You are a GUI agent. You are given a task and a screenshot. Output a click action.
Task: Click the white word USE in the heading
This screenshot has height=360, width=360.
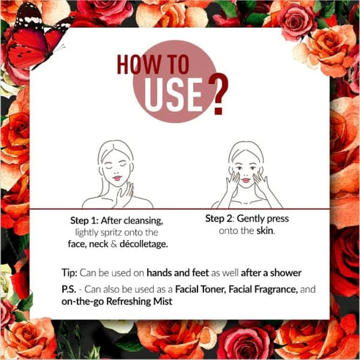[173, 95]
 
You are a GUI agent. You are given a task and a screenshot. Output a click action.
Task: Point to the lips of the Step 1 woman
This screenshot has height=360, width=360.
[117, 178]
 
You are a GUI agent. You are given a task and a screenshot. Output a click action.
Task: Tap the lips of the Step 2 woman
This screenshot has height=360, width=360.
[246, 181]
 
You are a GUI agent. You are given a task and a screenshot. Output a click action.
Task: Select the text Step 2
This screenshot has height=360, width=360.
[220, 219]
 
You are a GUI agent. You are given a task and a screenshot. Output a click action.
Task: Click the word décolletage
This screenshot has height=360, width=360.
[143, 244]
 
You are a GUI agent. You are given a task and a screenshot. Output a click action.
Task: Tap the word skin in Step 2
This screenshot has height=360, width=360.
[266, 230]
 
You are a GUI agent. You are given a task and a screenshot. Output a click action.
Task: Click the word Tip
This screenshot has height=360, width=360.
[70, 273]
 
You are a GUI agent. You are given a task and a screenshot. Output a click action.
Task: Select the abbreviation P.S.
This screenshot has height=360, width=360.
[69, 290]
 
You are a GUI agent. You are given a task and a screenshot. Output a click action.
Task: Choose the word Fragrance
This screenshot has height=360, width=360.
[276, 290]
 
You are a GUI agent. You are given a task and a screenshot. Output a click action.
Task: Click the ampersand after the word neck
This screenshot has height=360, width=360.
[114, 244]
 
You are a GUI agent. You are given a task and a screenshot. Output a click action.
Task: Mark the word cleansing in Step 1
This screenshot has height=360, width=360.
[143, 221]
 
